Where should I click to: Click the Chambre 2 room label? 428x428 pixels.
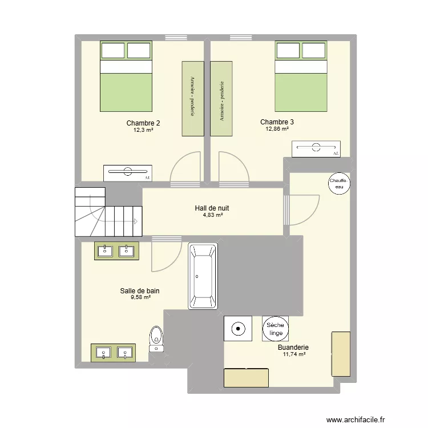(143, 123)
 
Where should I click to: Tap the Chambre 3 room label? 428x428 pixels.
(277, 122)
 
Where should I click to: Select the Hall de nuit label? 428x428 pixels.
(212, 208)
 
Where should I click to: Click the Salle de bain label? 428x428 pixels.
(140, 290)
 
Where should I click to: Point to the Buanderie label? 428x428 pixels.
(293, 347)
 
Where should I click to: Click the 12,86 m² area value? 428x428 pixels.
(277, 129)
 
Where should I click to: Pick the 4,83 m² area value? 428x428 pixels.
(212, 215)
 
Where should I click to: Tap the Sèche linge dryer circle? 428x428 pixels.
(276, 328)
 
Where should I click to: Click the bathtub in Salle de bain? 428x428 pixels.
(203, 276)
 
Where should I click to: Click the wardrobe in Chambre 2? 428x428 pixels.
(193, 98)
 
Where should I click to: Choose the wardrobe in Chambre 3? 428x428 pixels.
(221, 98)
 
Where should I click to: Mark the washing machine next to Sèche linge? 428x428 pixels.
(238, 328)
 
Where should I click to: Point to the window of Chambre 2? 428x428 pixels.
(172, 38)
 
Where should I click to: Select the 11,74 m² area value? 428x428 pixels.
(294, 354)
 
